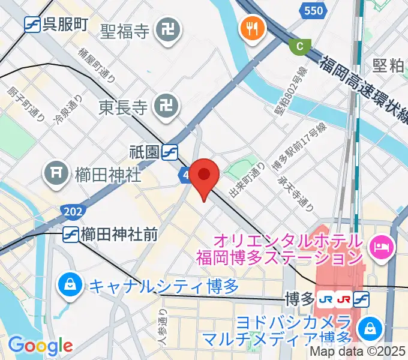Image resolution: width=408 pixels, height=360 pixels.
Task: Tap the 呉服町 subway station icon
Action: pos(33,24)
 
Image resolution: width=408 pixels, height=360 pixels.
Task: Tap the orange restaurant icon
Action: pos(250,28)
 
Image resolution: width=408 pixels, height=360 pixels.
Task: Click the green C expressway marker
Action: pos(300,46)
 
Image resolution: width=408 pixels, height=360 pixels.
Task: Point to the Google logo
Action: pos(40,346)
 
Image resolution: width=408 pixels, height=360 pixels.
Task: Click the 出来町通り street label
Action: pos(247,181)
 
